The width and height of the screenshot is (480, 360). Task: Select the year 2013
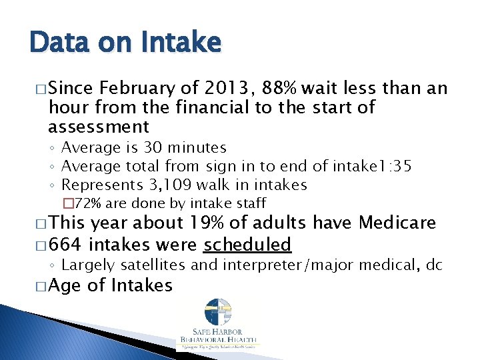pos(225,88)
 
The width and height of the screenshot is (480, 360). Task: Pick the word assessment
pos(99,126)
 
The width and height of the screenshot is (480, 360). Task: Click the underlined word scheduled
pos(247,245)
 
